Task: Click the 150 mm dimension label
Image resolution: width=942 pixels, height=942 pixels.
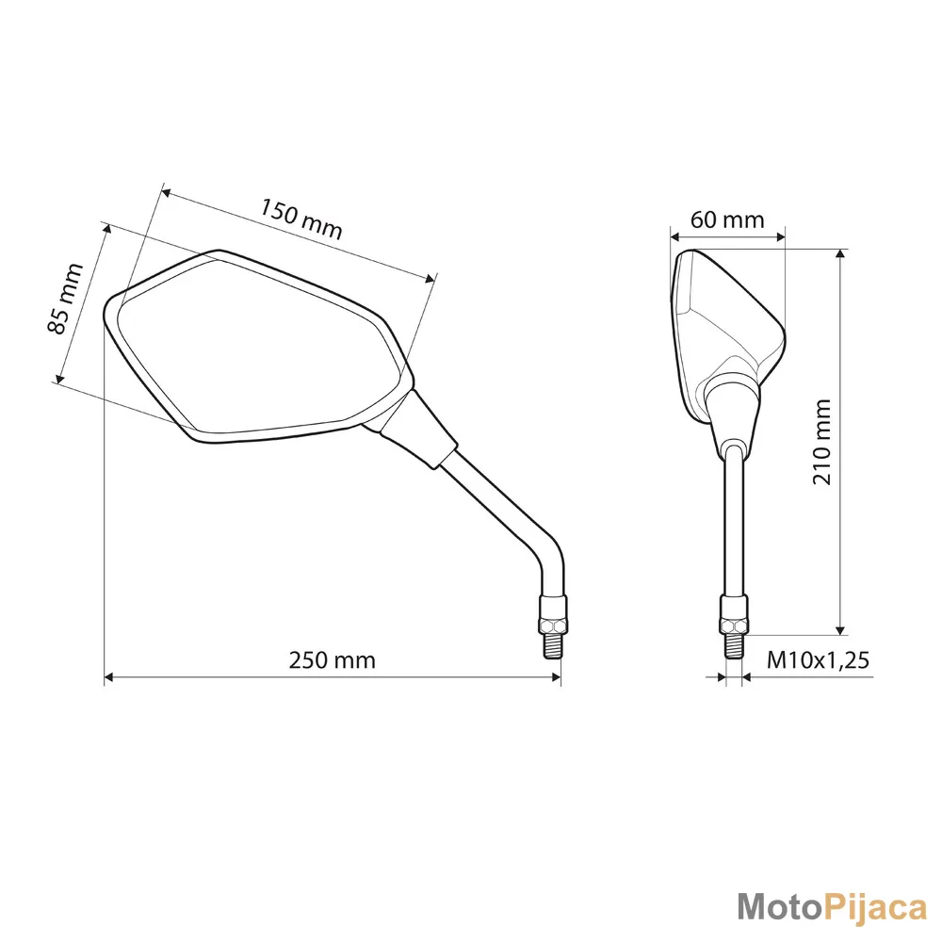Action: point(300,219)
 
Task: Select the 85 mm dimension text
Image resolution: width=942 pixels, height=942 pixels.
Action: point(65,299)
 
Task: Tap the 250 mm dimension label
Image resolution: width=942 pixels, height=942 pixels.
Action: point(333,660)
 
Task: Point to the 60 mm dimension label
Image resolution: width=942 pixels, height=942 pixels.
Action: point(727,219)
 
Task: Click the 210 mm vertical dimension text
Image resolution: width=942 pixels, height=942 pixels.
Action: point(821,442)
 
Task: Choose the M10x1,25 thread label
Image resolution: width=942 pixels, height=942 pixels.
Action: point(818,660)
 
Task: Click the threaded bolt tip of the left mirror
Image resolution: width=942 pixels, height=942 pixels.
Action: point(553,646)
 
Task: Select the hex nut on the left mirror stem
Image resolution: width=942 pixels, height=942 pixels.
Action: point(554,625)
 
